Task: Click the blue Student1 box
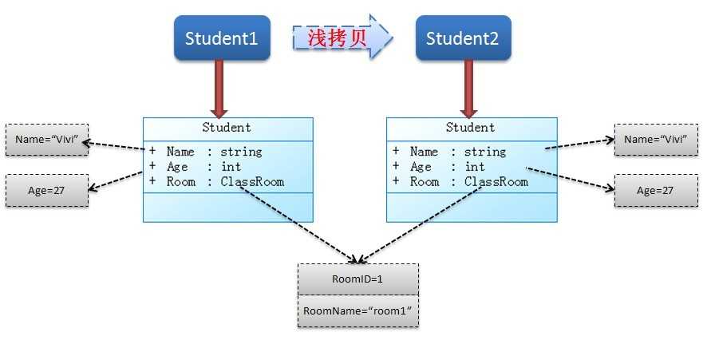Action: click(222, 38)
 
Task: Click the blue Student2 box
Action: click(463, 38)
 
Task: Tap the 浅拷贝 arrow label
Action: click(338, 38)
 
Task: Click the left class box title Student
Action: click(227, 128)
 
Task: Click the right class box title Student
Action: click(470, 128)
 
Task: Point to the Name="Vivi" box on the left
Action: click(46, 140)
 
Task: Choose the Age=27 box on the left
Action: click(46, 191)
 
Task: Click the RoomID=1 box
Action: click(357, 279)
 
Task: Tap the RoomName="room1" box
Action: click(357, 311)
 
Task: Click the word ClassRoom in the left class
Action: click(252, 182)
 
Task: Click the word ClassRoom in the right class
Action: click(496, 182)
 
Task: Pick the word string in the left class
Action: click(241, 152)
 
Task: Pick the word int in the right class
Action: click(475, 167)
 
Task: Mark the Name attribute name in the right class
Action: click(424, 152)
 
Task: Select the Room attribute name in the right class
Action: click(424, 182)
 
